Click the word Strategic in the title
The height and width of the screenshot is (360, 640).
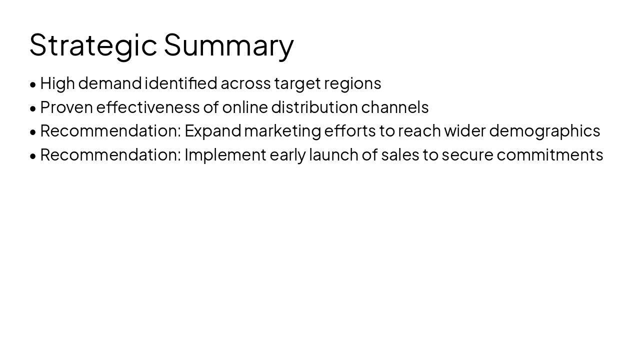(x=93, y=45)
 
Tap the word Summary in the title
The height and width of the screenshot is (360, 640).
(x=228, y=45)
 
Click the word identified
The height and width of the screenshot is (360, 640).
(x=181, y=83)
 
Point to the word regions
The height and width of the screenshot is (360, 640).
(x=352, y=83)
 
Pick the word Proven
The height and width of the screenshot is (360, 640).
(x=66, y=107)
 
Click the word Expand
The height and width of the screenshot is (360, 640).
(x=213, y=131)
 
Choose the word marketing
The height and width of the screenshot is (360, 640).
(x=282, y=131)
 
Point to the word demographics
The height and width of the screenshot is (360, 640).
(x=544, y=131)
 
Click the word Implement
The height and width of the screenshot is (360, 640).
(x=225, y=155)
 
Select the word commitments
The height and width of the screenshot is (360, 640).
(x=550, y=155)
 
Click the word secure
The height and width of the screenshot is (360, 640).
(x=467, y=155)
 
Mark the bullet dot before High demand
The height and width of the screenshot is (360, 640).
(x=33, y=84)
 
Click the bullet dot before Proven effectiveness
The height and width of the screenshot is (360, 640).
(x=33, y=108)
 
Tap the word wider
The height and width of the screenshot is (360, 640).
(x=465, y=131)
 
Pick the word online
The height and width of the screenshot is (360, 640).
(x=244, y=107)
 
